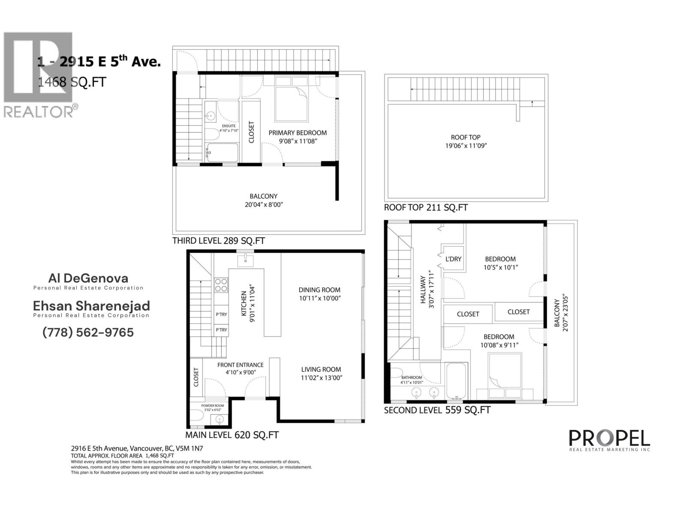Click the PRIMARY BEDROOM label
point(298,133)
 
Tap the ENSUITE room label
point(229,126)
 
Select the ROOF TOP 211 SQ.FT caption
point(426,208)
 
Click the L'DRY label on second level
point(453,259)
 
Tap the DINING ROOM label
point(319,290)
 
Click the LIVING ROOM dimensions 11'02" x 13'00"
point(321,378)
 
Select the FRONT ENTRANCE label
point(240,365)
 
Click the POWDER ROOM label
point(213,406)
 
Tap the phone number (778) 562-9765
point(88,333)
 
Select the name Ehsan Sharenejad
point(92,306)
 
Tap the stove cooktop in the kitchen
point(221,285)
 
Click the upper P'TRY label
point(221,315)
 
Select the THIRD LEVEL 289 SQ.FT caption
point(218,241)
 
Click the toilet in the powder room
point(196,416)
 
